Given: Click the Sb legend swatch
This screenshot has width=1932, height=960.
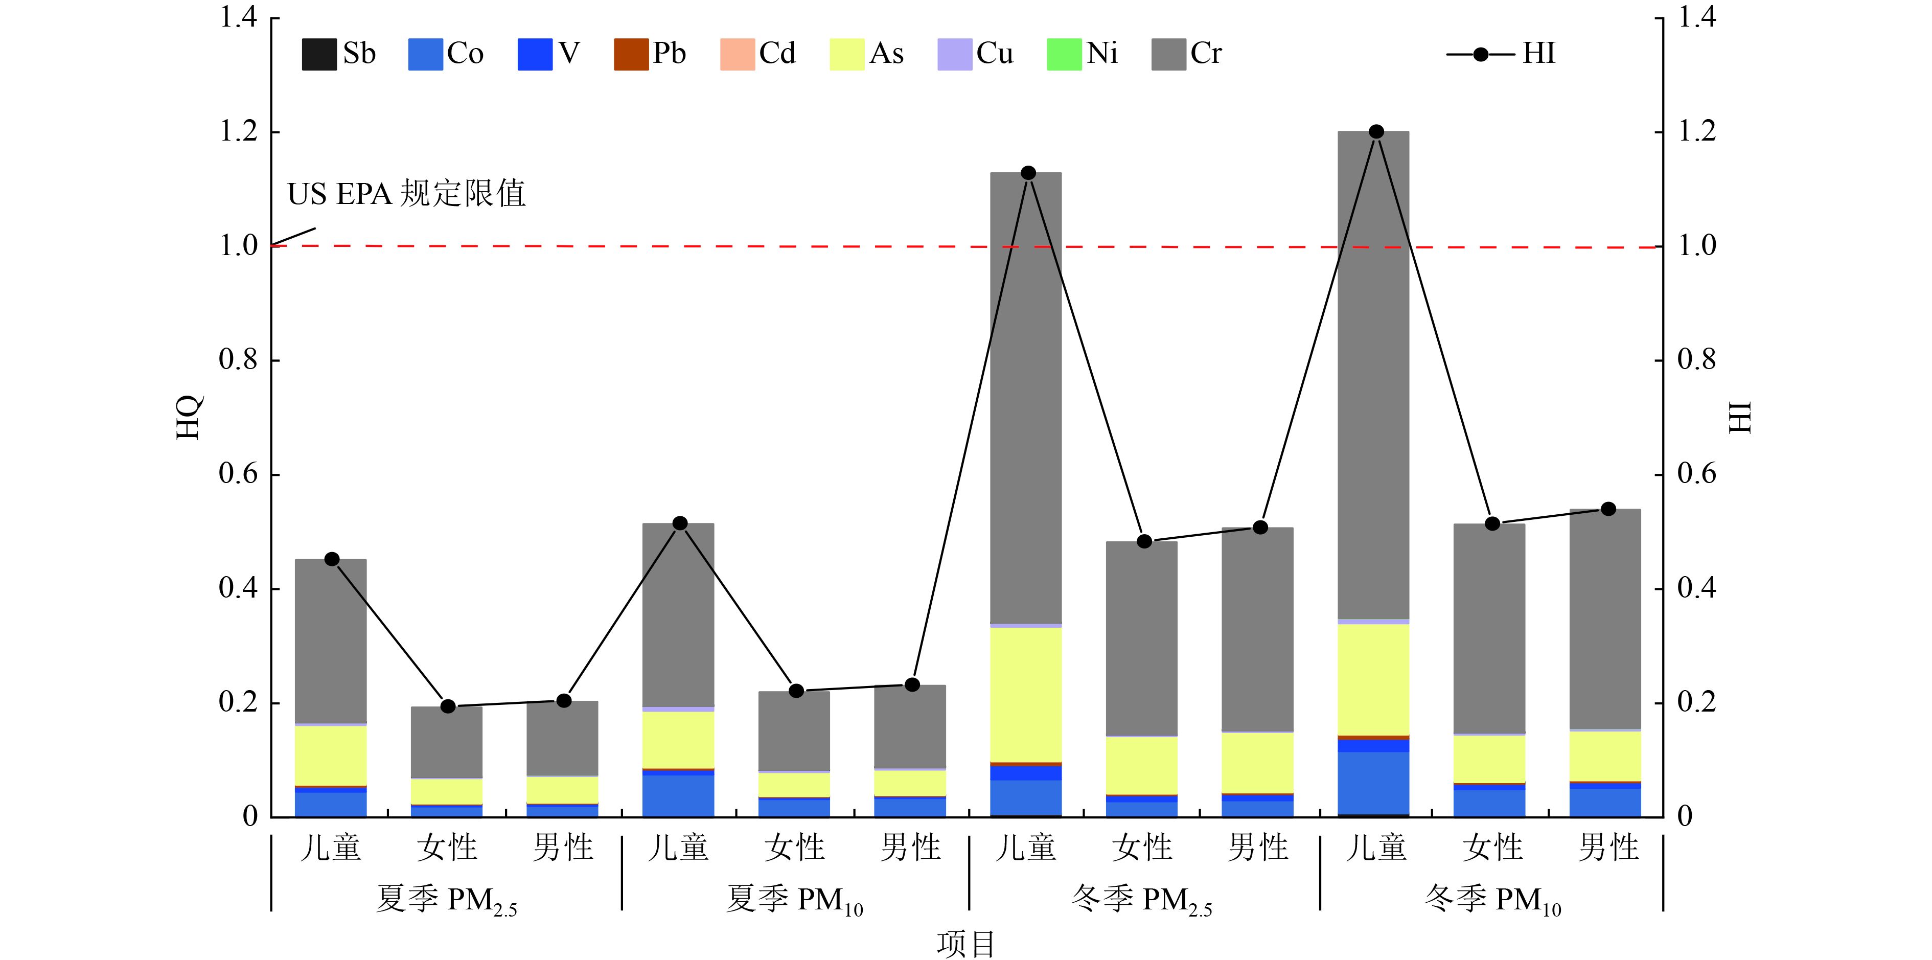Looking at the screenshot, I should (319, 54).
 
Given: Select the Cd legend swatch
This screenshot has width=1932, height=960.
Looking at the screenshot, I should (737, 54).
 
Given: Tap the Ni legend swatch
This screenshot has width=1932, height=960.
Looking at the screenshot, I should (1064, 54).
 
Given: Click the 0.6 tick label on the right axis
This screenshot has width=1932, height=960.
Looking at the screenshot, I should (1696, 474).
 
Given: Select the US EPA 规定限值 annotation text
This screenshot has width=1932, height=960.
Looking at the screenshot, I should (406, 194).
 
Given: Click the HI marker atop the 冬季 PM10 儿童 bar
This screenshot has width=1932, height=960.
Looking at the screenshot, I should (1375, 132).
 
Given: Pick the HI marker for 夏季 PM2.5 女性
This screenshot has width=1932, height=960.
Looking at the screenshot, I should (448, 706).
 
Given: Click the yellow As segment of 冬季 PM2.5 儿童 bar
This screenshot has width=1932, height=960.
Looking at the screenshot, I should (1025, 694).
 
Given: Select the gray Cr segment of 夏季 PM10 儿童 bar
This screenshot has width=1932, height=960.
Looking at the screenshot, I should (678, 615).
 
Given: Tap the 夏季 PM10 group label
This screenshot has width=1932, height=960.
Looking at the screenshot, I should (794, 899).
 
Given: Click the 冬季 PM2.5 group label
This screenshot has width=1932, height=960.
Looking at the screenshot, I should (1141, 899).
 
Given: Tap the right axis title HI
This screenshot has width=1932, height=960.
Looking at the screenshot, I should (1740, 417).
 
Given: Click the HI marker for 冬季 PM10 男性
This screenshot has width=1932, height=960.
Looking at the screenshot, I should (1608, 509).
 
